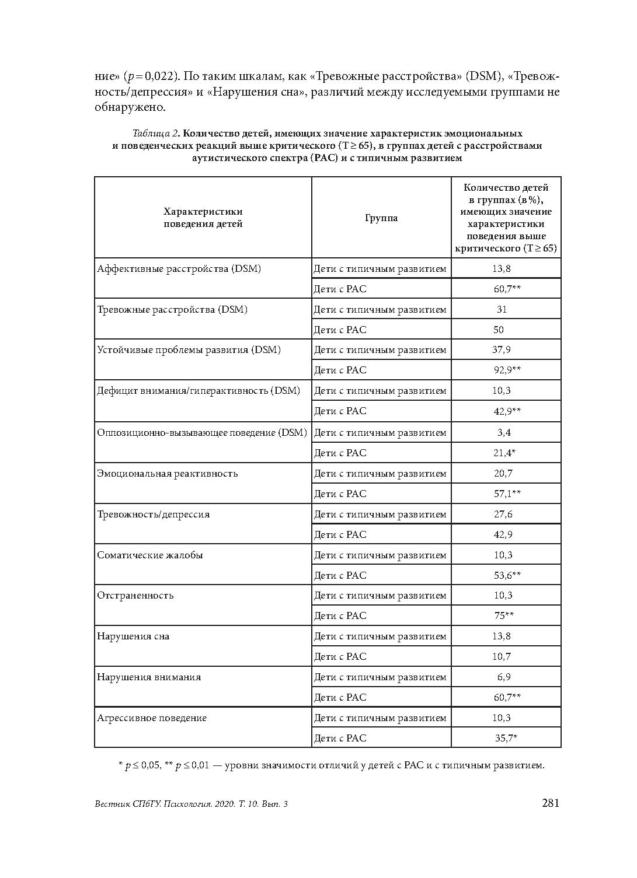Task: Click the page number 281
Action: pyautogui.click(x=551, y=803)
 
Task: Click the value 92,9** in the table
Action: pyautogui.click(x=507, y=370)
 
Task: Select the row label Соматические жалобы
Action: pyautogui.click(x=150, y=555)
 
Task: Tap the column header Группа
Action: pyautogui.click(x=381, y=218)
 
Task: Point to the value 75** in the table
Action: pyautogui.click(x=503, y=615)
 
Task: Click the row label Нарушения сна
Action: pyautogui.click(x=133, y=636)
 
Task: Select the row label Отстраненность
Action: pyautogui.click(x=135, y=595)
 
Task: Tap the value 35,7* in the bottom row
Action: pyautogui.click(x=506, y=738)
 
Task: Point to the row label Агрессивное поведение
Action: pyautogui.click(x=152, y=718)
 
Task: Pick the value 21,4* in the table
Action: pyautogui.click(x=505, y=453)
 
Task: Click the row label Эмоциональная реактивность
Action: pyautogui.click(x=168, y=473)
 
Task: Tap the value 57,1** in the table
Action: pyautogui.click(x=507, y=494)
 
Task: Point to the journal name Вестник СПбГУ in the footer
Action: pyautogui.click(x=126, y=804)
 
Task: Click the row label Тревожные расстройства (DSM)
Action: pyautogui.click(x=172, y=309)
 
